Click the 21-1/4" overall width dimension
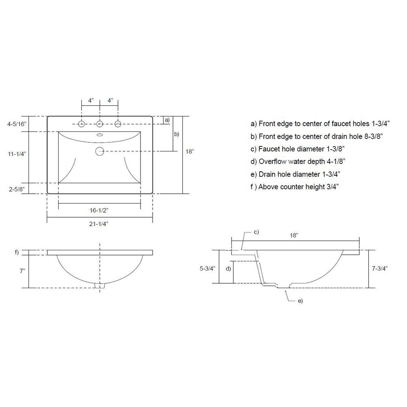(x=98, y=224)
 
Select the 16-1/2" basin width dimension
(x=99, y=210)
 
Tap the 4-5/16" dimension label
(x=17, y=124)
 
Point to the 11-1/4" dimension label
(x=17, y=154)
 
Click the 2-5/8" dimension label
(x=17, y=189)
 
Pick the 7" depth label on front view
(x=22, y=271)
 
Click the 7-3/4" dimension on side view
(x=379, y=268)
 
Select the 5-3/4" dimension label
(x=208, y=268)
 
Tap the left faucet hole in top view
(x=81, y=124)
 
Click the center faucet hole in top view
(x=100, y=124)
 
